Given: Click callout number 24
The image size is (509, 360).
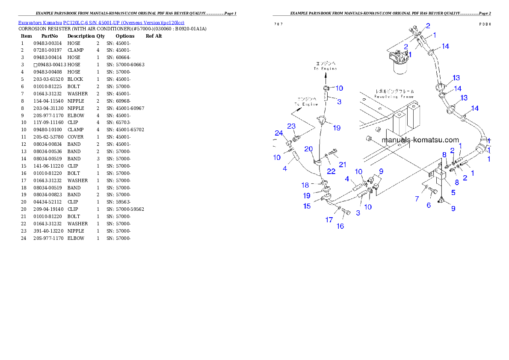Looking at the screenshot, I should (279, 133).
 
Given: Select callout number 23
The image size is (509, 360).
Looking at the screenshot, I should (291, 126).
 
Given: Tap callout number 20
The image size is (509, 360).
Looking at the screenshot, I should (308, 149).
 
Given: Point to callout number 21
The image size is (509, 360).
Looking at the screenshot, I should (342, 164).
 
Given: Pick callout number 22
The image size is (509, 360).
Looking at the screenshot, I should (331, 171).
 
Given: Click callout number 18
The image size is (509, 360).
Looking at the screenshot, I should (305, 185).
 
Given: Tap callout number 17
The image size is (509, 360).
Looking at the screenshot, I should (329, 220).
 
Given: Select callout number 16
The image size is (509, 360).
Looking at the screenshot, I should (340, 226).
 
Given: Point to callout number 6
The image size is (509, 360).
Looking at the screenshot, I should (429, 205).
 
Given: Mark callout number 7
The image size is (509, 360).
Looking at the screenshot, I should (417, 199).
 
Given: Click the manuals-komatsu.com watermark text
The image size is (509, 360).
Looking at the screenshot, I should (420, 140).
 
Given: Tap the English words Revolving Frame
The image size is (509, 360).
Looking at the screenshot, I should (394, 97).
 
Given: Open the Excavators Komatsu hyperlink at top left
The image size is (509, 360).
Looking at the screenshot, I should (101, 23).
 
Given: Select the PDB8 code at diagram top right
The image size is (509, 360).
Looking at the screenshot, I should (485, 24).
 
